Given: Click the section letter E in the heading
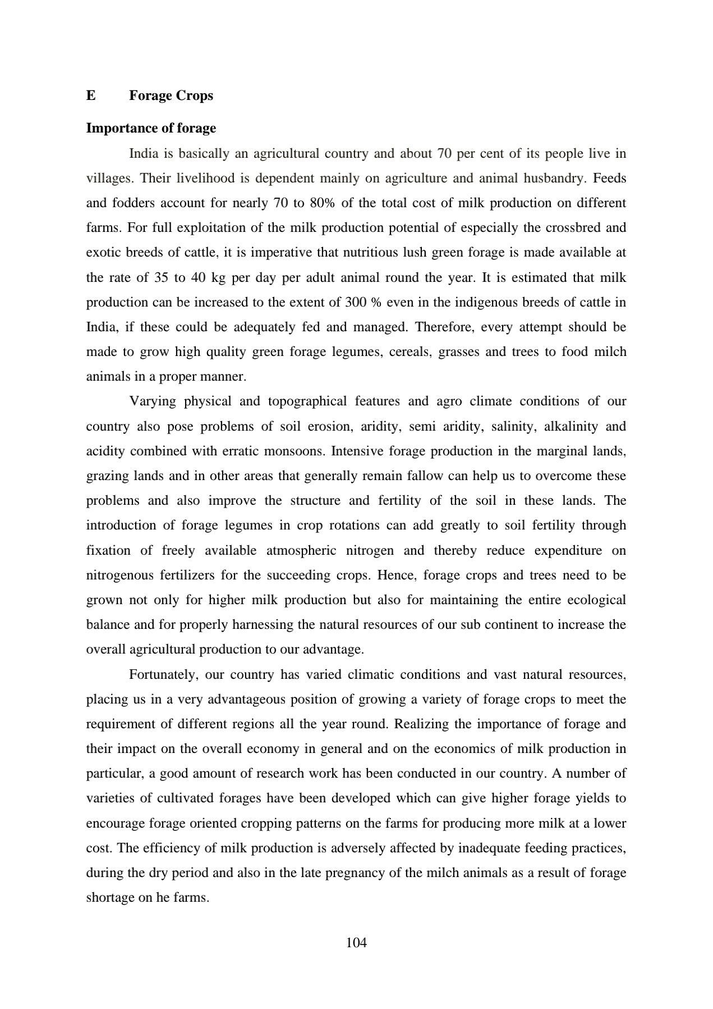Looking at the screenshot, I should [91, 95].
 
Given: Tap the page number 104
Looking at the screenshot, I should [356, 943].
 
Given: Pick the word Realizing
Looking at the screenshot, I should [421, 724].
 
